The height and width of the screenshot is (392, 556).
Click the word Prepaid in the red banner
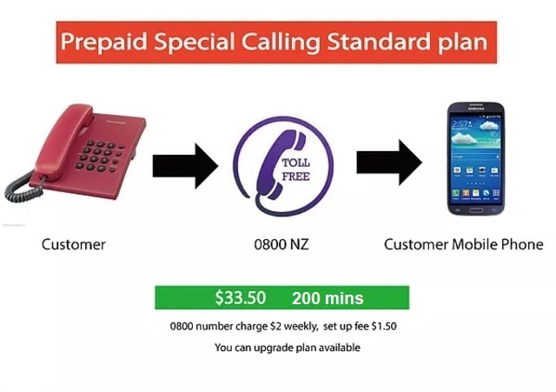104,43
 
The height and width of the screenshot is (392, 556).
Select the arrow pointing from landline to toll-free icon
185,166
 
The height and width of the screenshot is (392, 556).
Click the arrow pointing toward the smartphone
389,163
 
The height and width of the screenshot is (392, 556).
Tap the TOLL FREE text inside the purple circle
295,169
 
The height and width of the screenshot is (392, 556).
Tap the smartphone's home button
476,210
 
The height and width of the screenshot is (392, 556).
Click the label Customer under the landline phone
73,244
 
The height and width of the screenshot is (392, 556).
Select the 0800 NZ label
281,244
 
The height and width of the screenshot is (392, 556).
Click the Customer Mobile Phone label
463,244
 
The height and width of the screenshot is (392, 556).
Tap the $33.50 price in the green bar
241,297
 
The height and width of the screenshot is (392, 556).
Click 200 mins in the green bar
328,298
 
